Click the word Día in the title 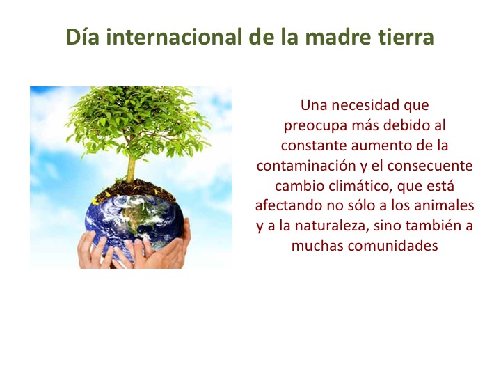(x=82, y=36)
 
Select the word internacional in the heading (x=174, y=36)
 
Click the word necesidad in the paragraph (x=364, y=105)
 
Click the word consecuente (x=430, y=166)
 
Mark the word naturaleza (x=333, y=226)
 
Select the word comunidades (x=392, y=246)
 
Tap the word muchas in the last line (x=317, y=246)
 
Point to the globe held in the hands (x=134, y=224)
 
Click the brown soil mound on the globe (x=134, y=190)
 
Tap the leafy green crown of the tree (x=137, y=121)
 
